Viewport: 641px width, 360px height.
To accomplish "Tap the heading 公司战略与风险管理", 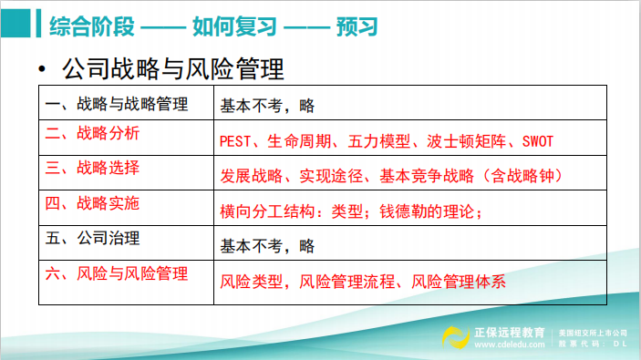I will [x=172, y=69].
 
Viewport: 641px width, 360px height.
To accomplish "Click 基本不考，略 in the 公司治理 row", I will [x=266, y=245].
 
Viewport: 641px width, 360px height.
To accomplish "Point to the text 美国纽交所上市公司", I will [x=594, y=332].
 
